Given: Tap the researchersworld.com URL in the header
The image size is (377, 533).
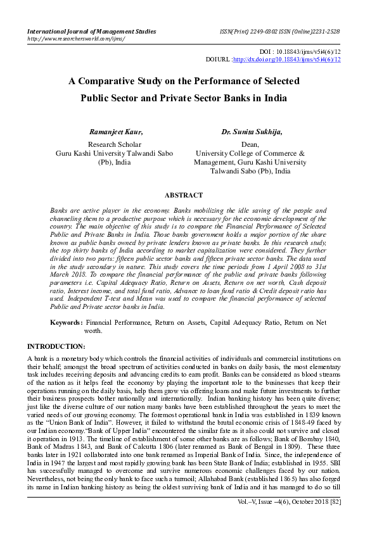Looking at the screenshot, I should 75,38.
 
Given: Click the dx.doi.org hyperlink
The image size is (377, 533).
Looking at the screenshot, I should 287,60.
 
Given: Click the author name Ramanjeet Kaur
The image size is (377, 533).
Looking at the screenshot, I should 116,132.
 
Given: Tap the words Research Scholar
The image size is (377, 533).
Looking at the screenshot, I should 115,144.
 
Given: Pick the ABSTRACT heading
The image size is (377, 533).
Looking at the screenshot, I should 184,196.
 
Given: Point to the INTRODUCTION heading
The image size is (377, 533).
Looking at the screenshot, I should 56,346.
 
